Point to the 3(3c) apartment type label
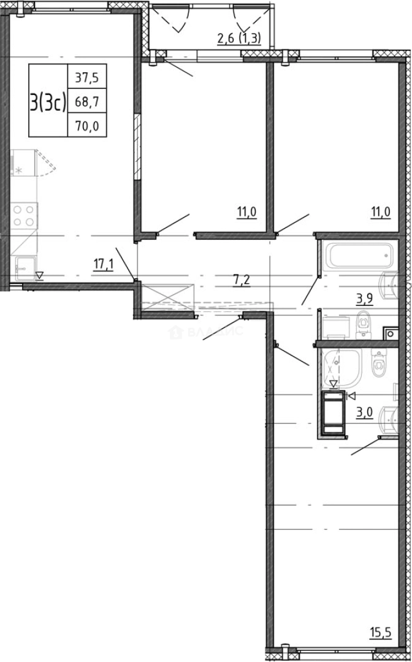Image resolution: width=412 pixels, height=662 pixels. coord(48,102)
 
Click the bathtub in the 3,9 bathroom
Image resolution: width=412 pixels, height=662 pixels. coord(357,256)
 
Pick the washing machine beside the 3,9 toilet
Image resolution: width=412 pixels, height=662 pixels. coord(335,327)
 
